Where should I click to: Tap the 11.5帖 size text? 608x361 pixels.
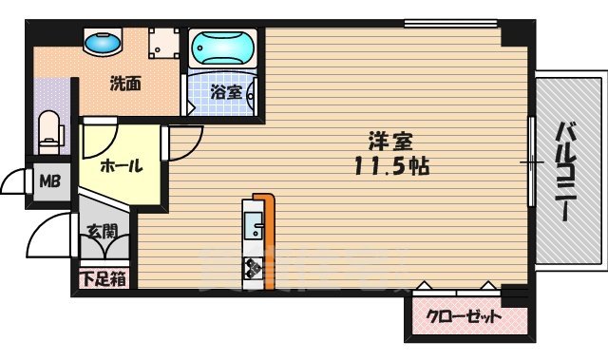pos(390,166)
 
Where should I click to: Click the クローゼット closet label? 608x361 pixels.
pos(463,318)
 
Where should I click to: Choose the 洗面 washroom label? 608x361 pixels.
pos(124,83)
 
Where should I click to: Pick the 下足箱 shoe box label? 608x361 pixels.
pos(101,278)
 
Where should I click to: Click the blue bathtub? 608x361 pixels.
pos(221,47)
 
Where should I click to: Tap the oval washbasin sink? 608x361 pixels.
pos(104,44)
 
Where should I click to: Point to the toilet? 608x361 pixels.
pos(48,129)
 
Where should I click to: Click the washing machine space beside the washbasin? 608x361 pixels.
pos(164,45)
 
